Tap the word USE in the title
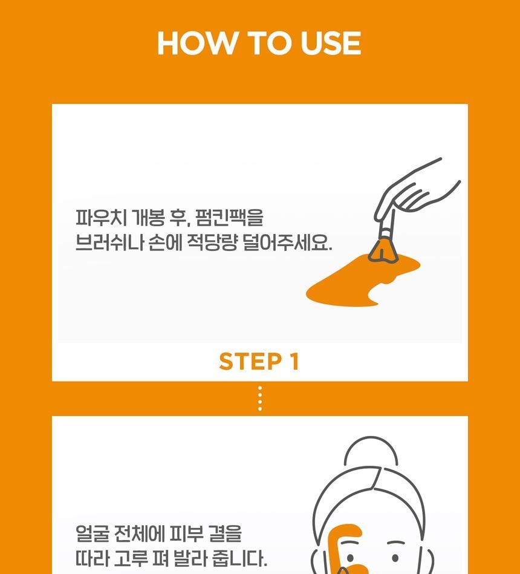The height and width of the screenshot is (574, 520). pos(331,43)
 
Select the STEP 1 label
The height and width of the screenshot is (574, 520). pos(259,361)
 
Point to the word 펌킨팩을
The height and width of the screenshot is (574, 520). pos(229,218)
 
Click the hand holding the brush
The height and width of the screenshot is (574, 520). pos(414,191)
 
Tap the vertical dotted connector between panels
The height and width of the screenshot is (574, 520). pos(260,398)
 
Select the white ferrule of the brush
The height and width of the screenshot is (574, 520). pos(386,233)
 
